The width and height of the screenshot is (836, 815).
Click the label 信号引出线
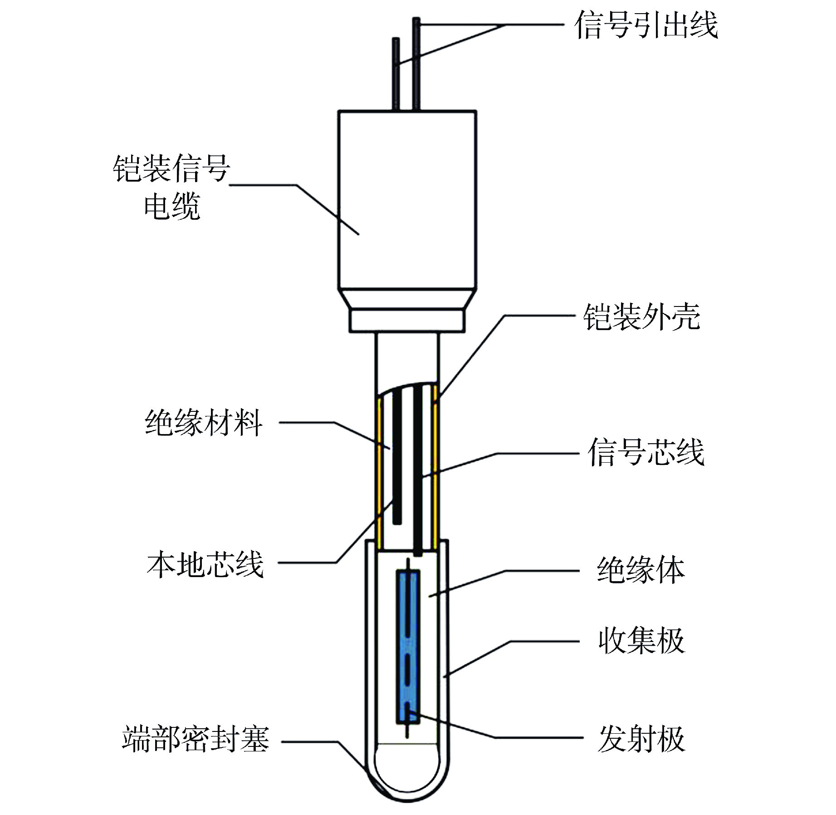pyautogui.click(x=646, y=25)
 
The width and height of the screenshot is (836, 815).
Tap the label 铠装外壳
pyautogui.click(x=641, y=316)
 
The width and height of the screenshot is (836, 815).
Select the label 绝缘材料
pyautogui.click(x=204, y=423)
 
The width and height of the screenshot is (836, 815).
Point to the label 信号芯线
pyautogui.click(x=646, y=452)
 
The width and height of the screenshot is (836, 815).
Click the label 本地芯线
pyautogui.click(x=205, y=565)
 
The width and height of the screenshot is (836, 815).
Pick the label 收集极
pyautogui.click(x=640, y=641)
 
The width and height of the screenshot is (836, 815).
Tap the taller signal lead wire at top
pyautogui.click(x=416, y=64)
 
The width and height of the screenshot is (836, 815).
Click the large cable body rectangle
pyautogui.click(x=407, y=200)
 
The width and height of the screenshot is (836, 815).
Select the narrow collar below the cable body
pyautogui.click(x=407, y=320)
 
